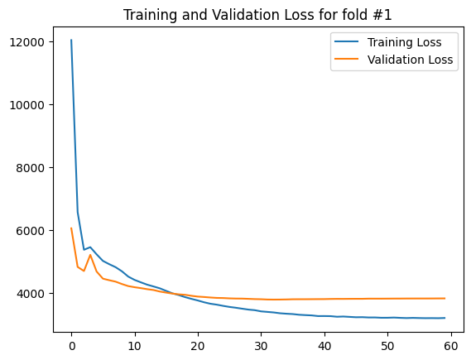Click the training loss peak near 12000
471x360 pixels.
71,41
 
